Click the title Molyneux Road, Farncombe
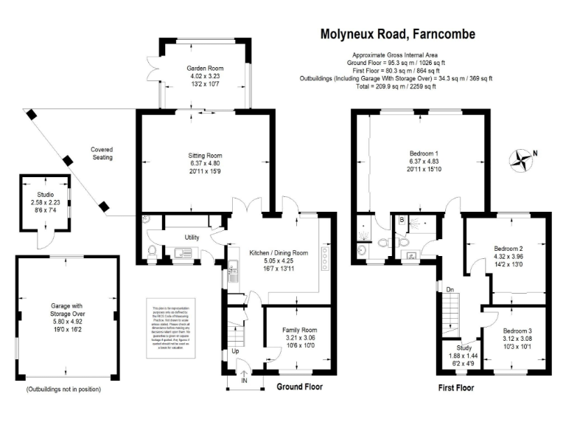point(397,34)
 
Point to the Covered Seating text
point(102,153)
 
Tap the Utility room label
point(192,238)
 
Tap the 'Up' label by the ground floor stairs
point(235,351)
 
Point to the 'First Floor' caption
point(455,387)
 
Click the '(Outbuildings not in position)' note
point(63,389)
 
